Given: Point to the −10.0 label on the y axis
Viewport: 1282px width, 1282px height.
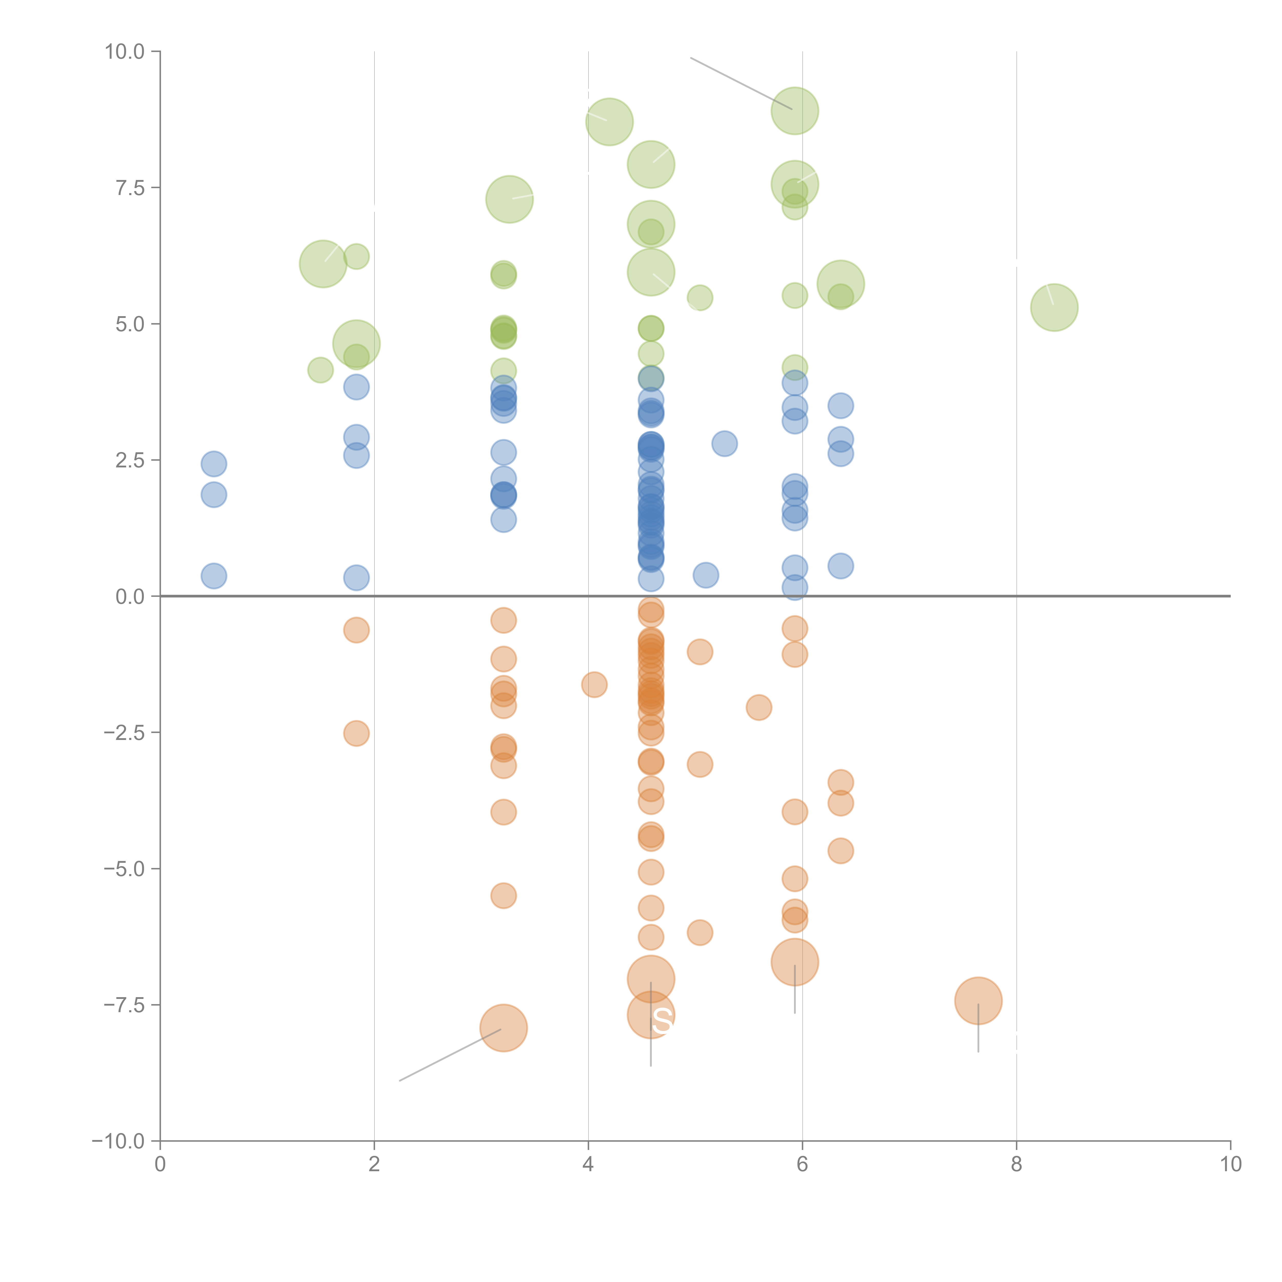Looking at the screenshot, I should tap(118, 1141).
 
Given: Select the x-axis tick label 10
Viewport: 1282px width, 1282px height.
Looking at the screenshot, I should tap(1230, 1165).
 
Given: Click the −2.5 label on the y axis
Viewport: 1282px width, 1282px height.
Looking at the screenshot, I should tap(123, 733).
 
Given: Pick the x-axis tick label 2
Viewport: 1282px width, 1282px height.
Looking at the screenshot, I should tap(374, 1165).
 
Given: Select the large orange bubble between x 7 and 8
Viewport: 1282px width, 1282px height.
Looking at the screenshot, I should tap(978, 1001).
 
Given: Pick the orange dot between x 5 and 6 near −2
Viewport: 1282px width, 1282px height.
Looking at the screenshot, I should tap(758, 707).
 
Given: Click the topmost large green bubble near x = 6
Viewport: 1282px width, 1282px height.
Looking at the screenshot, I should tap(794, 111).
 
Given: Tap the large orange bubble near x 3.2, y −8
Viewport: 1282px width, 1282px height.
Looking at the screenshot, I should tap(504, 1028).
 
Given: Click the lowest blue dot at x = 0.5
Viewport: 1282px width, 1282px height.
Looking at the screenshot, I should tap(214, 576).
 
